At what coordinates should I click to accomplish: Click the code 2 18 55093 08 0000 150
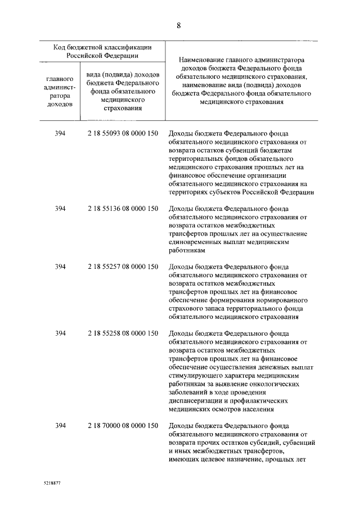(122, 134)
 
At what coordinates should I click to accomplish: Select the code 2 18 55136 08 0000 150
(122, 209)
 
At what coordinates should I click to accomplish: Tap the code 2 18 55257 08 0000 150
(122, 267)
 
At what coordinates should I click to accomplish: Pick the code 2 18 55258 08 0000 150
(122, 334)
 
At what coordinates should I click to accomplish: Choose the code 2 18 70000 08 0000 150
(122, 425)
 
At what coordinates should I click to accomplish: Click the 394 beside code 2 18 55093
(61, 134)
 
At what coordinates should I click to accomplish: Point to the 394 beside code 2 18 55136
(61, 209)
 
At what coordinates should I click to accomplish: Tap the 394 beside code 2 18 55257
(61, 267)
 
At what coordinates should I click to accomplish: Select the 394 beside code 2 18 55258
(61, 334)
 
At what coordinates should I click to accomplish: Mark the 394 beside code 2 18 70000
(61, 425)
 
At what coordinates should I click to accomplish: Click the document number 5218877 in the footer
(52, 483)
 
